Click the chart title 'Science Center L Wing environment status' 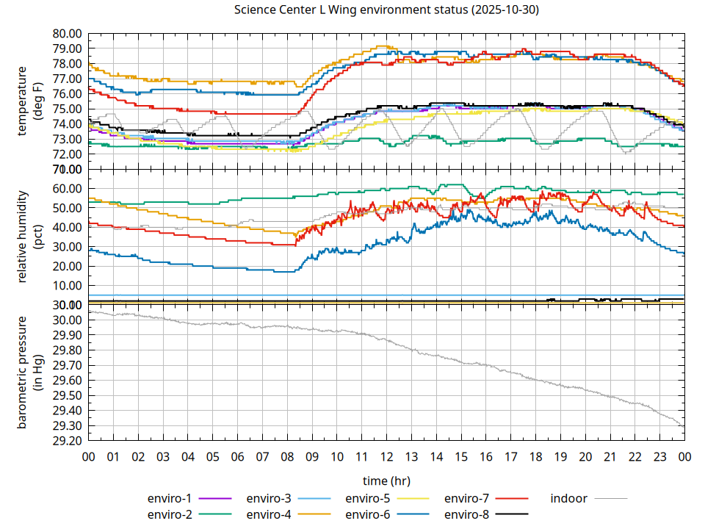click(386, 10)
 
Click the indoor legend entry click(569, 498)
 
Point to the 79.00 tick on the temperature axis click(67, 48)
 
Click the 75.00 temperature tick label click(67, 109)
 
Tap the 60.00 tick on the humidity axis click(67, 189)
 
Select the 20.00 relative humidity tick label click(67, 266)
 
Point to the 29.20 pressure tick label click(67, 441)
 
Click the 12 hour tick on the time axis click(386, 456)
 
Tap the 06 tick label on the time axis click(237, 456)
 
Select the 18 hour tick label click(535, 456)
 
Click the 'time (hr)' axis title click(386, 481)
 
